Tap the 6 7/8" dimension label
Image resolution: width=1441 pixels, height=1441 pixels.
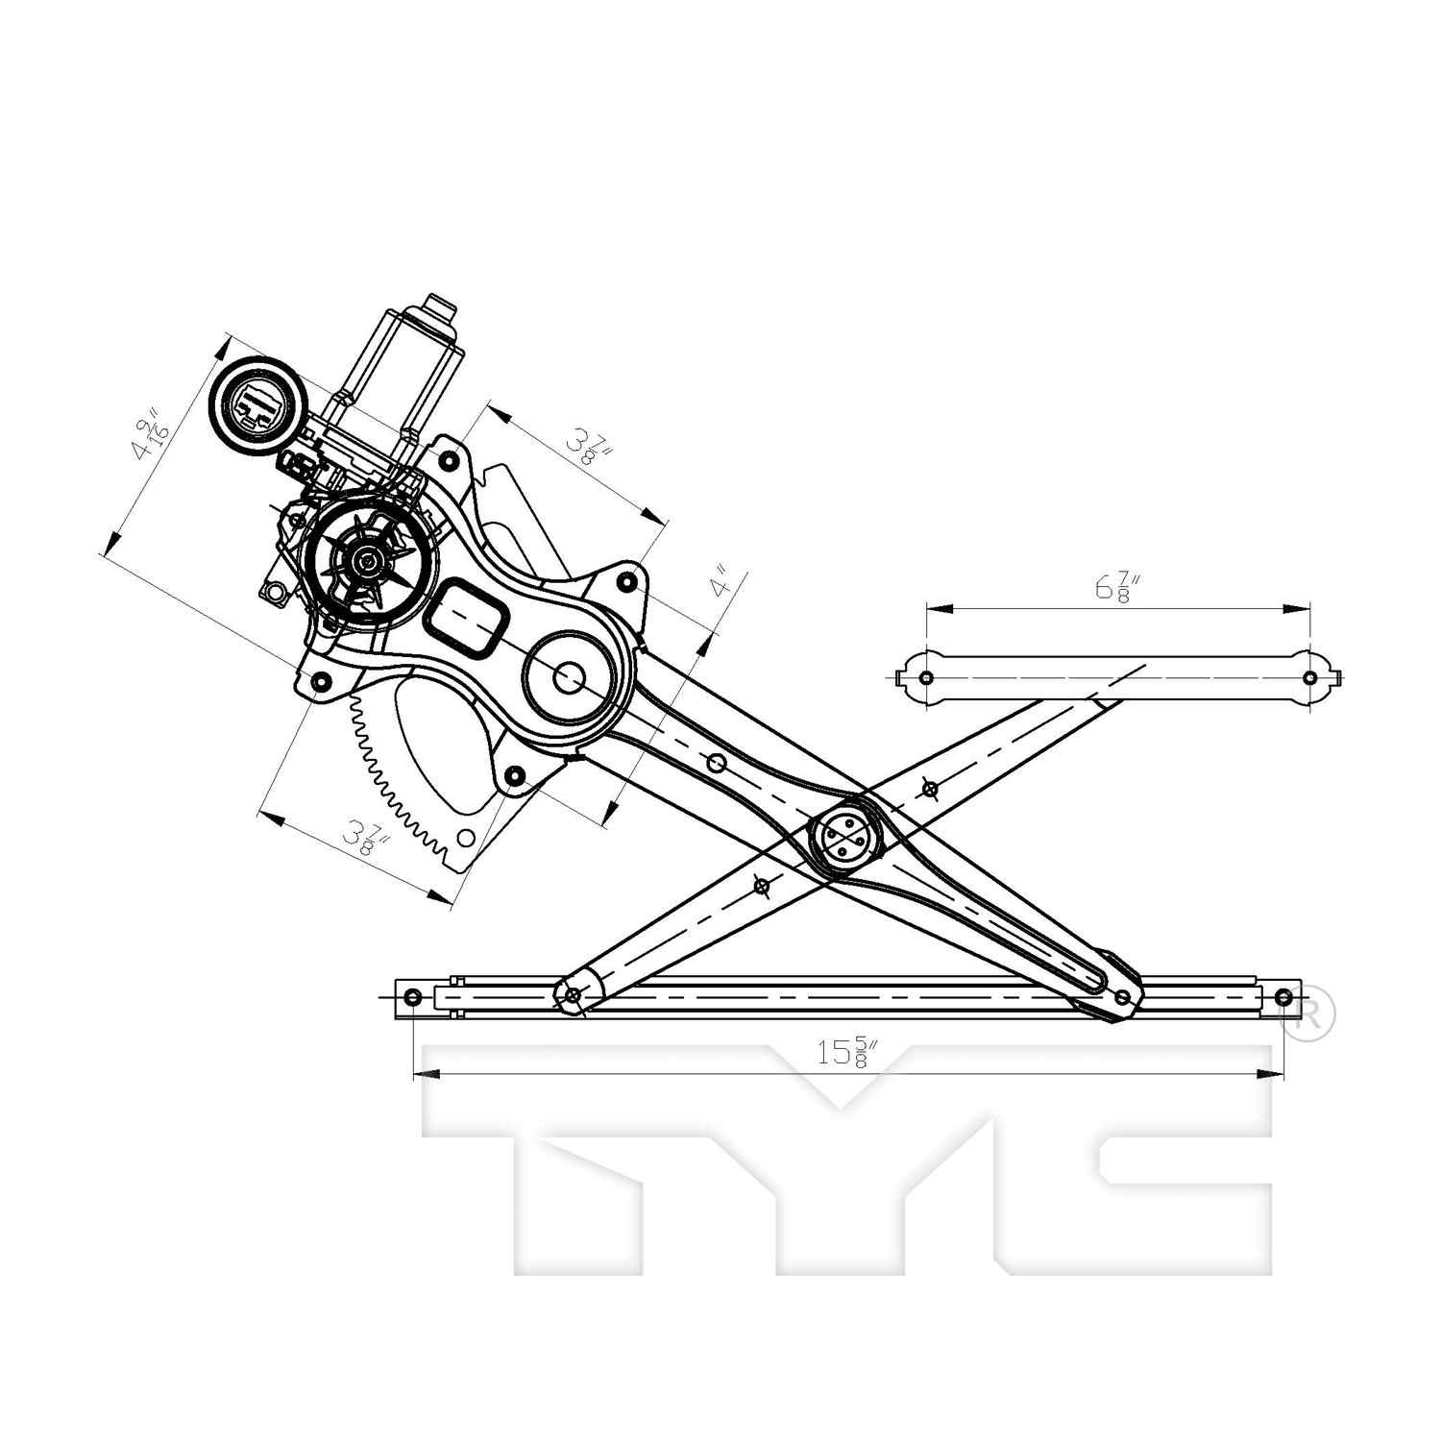pos(1117,587)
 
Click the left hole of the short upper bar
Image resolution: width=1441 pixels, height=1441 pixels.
pos(925,678)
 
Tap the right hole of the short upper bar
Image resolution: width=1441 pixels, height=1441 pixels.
pos(1309,678)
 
